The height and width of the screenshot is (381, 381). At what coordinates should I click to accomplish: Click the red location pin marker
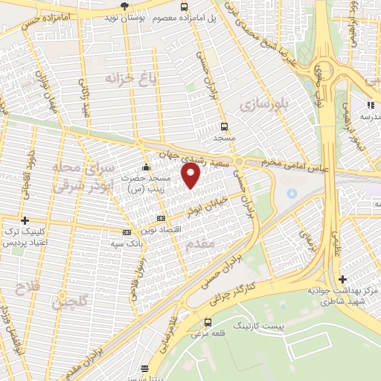(x=191, y=176)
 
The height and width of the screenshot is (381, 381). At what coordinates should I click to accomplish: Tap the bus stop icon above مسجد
(x=224, y=126)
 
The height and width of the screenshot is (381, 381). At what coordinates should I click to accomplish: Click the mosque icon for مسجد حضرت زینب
(x=147, y=167)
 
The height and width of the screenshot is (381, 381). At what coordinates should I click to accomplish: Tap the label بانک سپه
(x=127, y=243)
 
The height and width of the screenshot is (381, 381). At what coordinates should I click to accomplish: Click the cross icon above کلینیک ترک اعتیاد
(x=25, y=221)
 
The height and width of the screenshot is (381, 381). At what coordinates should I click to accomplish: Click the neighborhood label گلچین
(x=71, y=301)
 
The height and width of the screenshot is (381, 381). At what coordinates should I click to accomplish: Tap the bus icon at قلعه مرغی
(x=207, y=323)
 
